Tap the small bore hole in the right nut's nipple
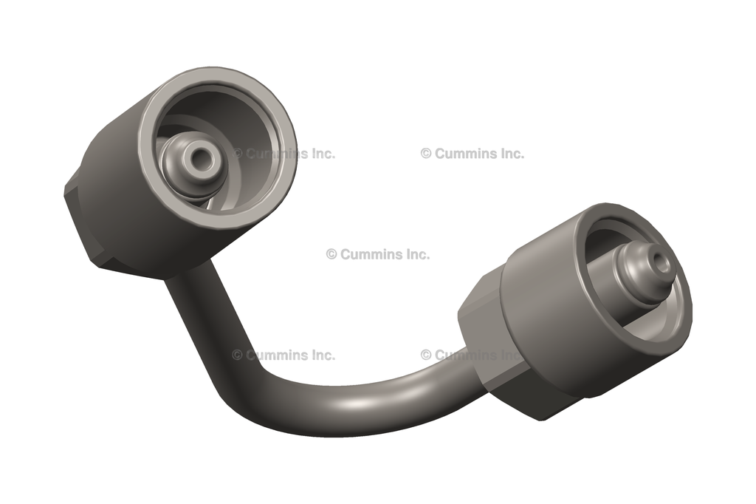(x=659, y=262)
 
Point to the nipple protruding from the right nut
(x=642, y=270)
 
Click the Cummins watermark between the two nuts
(x=378, y=254)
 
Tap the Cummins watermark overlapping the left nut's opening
(x=284, y=154)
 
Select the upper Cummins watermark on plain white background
(x=472, y=154)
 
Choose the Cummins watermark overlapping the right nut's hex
(x=472, y=355)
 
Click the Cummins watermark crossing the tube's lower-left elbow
(x=284, y=355)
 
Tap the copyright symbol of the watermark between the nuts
(x=331, y=254)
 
